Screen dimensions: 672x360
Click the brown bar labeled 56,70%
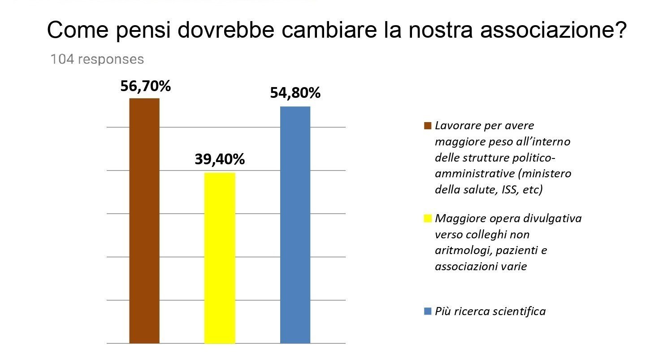click(144, 220)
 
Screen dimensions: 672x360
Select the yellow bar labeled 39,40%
click(220, 258)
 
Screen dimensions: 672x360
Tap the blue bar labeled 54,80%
click(295, 225)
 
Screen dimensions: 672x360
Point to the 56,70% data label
click(146, 86)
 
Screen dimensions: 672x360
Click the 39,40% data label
click(220, 159)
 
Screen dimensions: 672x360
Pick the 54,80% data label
click(295, 93)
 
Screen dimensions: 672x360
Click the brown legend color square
click(428, 126)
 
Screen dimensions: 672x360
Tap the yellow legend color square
click(428, 219)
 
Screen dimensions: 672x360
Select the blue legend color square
click(428, 311)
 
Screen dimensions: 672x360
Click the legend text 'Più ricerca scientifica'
click(490, 312)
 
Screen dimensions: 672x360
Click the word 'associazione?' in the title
click(554, 30)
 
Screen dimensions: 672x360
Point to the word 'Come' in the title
click(78, 30)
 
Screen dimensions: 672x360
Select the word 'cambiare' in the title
click(329, 30)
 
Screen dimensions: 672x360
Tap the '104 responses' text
click(97, 59)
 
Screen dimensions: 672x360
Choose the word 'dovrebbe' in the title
click(226, 30)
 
